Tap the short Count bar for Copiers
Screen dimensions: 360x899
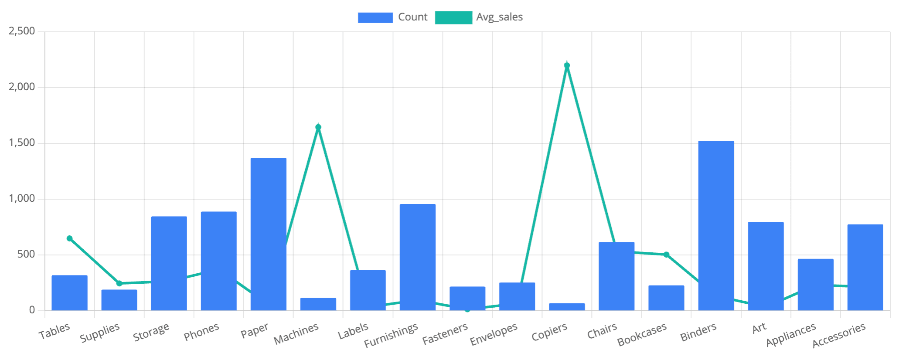pos(567,307)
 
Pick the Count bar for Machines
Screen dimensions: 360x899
pos(318,304)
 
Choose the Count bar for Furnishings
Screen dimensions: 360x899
pos(418,257)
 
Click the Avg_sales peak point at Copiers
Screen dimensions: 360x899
pos(567,65)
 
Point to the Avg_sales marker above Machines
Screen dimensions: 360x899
pos(318,127)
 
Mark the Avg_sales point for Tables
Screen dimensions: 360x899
pos(69,238)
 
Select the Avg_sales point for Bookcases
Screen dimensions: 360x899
pos(666,255)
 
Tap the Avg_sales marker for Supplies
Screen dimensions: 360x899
pos(119,283)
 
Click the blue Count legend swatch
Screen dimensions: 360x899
pos(375,17)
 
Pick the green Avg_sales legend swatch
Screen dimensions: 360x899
pos(453,17)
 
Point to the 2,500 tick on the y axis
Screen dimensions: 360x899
pos(22,31)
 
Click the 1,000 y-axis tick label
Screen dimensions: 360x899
pos(22,199)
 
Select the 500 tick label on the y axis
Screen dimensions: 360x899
pos(26,254)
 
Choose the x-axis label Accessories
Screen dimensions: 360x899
pos(839,336)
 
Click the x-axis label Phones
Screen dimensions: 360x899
pos(201,332)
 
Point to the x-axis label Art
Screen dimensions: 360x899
pos(759,328)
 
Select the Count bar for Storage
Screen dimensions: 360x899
pos(169,263)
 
